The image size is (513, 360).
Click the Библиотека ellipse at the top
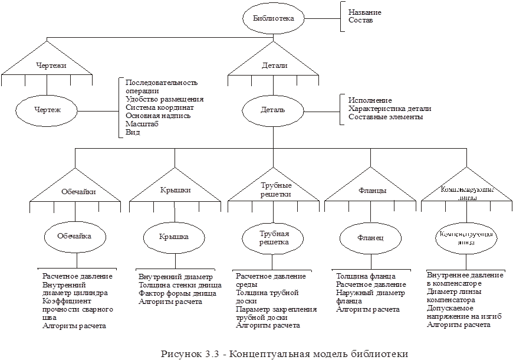coord(273,18)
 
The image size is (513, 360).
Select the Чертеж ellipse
coord(47,110)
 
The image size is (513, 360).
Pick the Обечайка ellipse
coord(76,235)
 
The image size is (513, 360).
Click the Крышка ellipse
coord(174,236)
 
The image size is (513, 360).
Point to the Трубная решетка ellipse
coord(273,237)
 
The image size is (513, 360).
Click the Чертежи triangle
coord(47,66)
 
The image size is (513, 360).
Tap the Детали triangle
coord(274,66)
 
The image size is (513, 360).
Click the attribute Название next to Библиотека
coord(364,12)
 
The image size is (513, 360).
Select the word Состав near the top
coord(360,20)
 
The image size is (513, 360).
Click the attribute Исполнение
coord(370,100)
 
